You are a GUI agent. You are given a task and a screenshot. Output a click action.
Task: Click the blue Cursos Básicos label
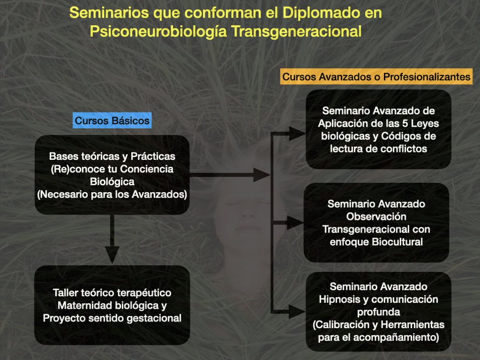pyautogui.click(x=112, y=120)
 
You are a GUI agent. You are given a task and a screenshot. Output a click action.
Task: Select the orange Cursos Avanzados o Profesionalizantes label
pyautogui.click(x=376, y=76)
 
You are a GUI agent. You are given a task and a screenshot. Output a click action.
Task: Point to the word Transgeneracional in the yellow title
pyautogui.click(x=296, y=31)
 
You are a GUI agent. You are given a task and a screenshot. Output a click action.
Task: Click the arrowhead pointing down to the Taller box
pyautogui.click(x=112, y=255)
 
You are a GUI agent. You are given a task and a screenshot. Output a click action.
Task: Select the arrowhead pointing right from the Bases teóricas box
pyautogui.click(x=262, y=175)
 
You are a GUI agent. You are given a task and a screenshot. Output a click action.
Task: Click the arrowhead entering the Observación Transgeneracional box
pyautogui.click(x=295, y=223)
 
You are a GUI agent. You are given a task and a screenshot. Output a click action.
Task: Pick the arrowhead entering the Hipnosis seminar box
pyautogui.click(x=297, y=312)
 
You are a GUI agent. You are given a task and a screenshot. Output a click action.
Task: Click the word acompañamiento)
pyautogui.click(x=396, y=337)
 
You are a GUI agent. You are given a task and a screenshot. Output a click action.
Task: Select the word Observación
pyautogui.click(x=376, y=217)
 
